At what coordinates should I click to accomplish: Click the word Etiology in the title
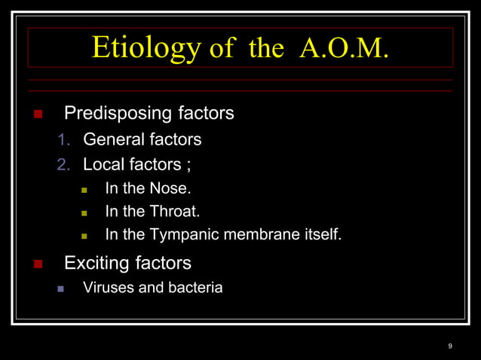pos(146,47)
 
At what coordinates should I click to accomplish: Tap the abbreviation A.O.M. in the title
pos(344,47)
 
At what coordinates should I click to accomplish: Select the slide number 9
pos(450,346)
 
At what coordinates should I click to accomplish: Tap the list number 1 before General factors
pos(63,140)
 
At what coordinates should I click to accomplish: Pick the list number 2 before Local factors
pos(63,164)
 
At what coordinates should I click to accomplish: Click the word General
pos(112,139)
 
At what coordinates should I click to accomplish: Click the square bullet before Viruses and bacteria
pos(62,288)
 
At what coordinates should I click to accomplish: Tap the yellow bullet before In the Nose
pos(84,189)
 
